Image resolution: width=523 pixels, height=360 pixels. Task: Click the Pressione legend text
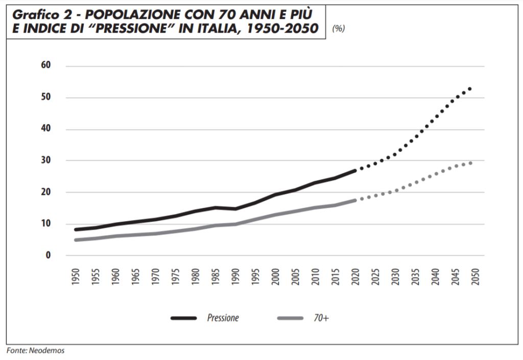[x=223, y=318]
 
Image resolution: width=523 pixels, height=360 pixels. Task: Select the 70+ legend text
[x=321, y=318]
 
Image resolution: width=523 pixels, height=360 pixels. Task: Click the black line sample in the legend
[x=184, y=318]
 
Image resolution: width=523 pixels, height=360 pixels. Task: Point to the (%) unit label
[x=338, y=29]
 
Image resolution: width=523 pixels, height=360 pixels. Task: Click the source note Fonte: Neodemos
[x=36, y=351]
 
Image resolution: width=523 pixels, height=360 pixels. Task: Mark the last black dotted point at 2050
[x=470, y=89]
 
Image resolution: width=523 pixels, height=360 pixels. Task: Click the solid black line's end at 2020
[x=355, y=171]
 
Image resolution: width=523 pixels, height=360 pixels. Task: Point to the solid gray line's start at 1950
[x=76, y=240]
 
